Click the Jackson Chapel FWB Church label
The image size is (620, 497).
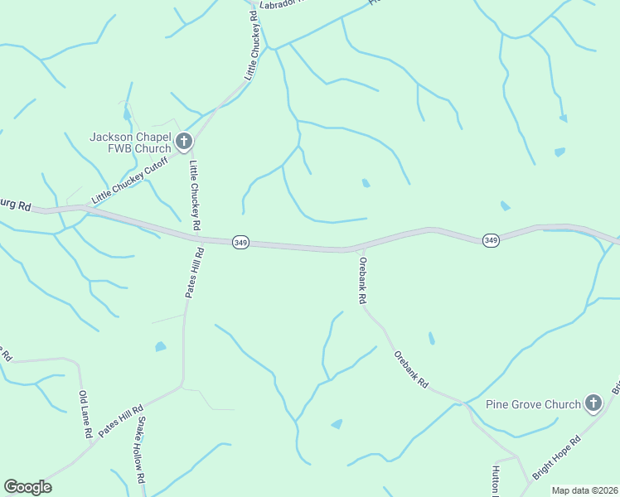point(130,142)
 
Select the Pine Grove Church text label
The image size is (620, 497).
point(533,404)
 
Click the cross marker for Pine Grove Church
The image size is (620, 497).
point(593,403)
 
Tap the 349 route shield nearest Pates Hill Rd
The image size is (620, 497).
point(240,242)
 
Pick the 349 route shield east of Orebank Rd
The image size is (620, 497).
point(491,240)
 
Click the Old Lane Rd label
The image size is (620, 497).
point(85,415)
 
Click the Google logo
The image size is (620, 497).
point(27,487)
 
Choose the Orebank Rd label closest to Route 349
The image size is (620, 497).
point(362,280)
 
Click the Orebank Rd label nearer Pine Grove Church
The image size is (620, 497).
point(411,369)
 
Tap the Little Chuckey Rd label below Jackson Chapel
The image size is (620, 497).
point(195,195)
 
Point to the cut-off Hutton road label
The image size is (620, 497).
point(496,480)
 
